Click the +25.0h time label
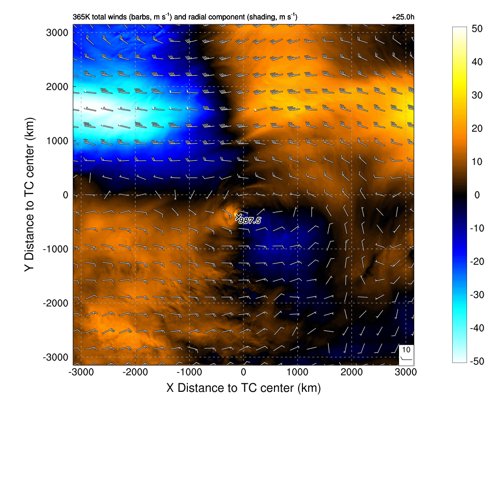pos(403,17)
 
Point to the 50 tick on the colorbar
pos(476,28)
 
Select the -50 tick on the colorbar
pos(476,361)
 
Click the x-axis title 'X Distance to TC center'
pos(243,388)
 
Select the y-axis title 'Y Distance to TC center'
pos(29,195)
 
